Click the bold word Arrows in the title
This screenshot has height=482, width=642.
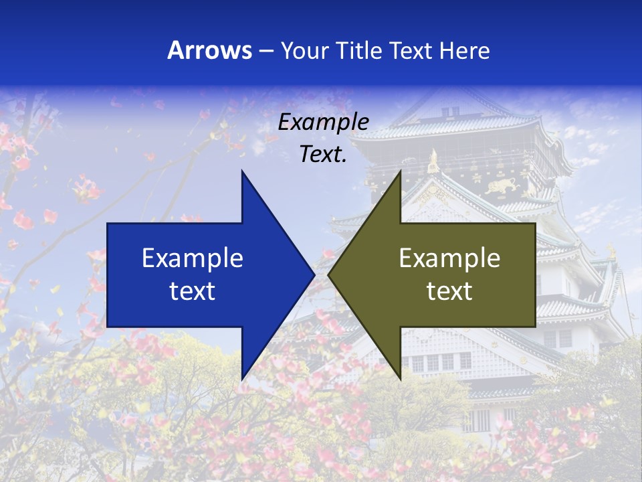tap(209, 50)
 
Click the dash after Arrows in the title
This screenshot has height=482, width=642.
tap(266, 51)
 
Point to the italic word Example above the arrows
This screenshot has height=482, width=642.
tap(323, 122)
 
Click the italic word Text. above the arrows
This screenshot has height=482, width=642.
tap(323, 154)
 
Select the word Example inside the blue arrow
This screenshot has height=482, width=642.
tap(193, 258)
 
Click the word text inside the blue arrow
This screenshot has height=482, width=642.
tap(193, 291)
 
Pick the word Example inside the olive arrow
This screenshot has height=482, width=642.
tap(449, 258)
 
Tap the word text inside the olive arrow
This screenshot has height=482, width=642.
tap(449, 291)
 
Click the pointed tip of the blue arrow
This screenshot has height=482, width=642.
tap(314, 274)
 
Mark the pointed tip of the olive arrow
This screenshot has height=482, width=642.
tap(329, 274)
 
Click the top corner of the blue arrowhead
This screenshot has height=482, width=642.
tap(242, 171)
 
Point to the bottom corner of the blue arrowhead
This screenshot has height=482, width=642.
tap(242, 379)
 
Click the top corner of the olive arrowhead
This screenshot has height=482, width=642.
tap(400, 171)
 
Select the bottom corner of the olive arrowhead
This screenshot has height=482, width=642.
tap(400, 379)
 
